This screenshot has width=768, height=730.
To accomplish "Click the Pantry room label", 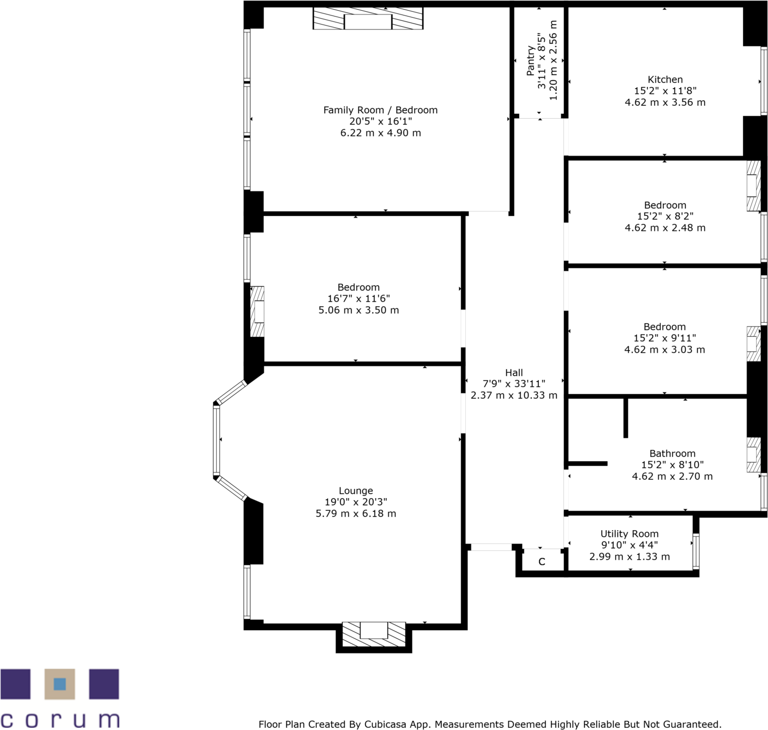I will point(531,60).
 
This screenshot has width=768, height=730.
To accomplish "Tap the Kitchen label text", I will point(665,79).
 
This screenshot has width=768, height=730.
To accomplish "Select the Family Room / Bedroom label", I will point(380,110).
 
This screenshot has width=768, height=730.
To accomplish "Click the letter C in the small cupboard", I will point(542,562).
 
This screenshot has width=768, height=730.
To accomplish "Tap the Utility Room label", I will point(629,534).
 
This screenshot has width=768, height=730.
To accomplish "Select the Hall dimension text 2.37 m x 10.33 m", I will point(514,395).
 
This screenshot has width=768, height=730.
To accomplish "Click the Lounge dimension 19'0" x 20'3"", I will point(356,502).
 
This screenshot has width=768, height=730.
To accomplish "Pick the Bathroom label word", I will point(672,453).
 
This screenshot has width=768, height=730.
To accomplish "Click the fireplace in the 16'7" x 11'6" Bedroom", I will point(258,312).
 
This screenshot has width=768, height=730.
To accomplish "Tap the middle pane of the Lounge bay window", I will point(216,440).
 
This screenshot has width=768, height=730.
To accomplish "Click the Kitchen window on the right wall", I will point(764,81).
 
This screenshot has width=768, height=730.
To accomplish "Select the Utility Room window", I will point(695,551).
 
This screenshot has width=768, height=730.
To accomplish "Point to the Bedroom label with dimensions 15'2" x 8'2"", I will point(665,205).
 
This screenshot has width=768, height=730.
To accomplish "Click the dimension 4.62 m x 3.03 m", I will point(664,350).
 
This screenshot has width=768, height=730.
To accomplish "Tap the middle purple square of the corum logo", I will point(60,684).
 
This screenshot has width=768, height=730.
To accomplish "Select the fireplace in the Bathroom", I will point(754,455).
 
